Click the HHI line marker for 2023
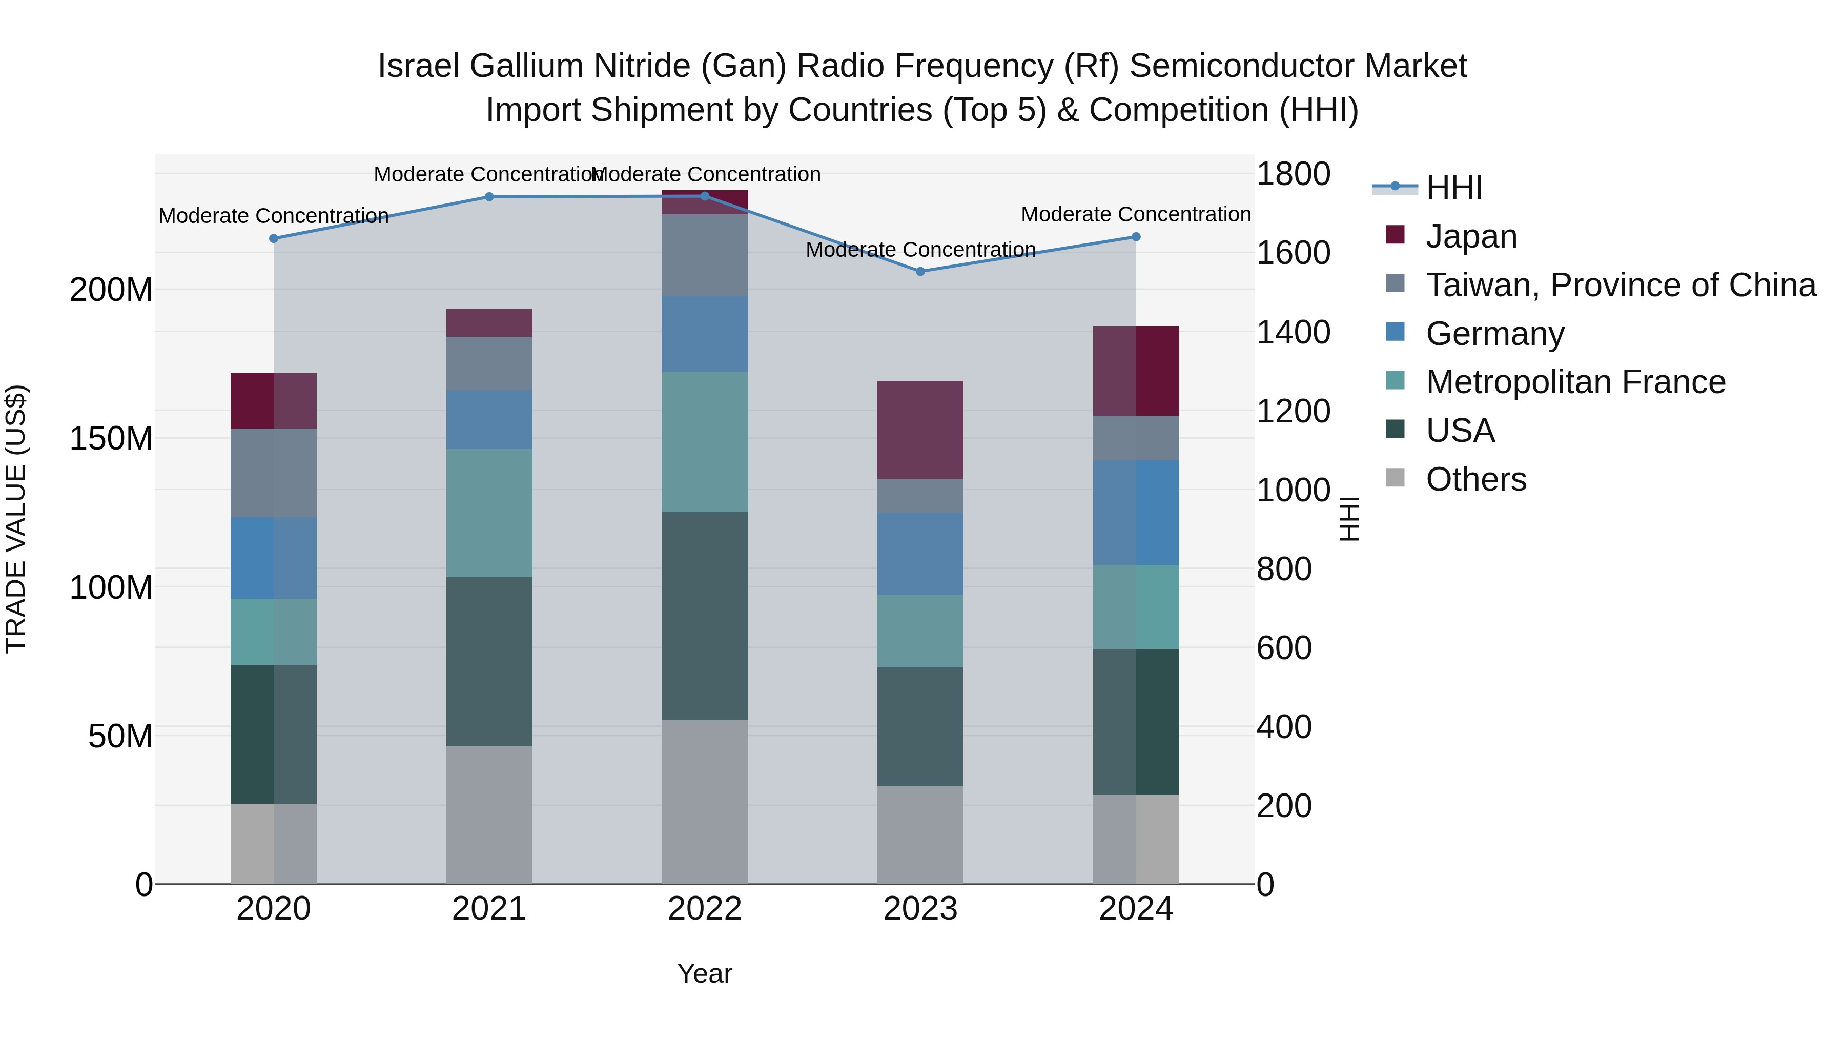pyautogui.click(x=920, y=272)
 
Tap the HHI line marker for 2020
pyautogui.click(x=274, y=238)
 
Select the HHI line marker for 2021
pyautogui.click(x=489, y=197)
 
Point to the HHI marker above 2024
pyautogui.click(x=1136, y=237)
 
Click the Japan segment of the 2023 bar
pyautogui.click(x=920, y=430)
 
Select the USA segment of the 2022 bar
pyautogui.click(x=705, y=616)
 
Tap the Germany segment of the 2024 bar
pyautogui.click(x=1136, y=513)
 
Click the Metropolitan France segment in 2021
pyautogui.click(x=489, y=513)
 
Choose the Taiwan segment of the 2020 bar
pyautogui.click(x=274, y=473)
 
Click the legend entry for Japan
pyautogui.click(x=1471, y=236)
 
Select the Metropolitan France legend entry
pyautogui.click(x=1576, y=382)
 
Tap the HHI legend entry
pyautogui.click(x=1454, y=188)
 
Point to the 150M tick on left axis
pyautogui.click(x=111, y=438)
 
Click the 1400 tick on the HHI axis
pyautogui.click(x=1294, y=332)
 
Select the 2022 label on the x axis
pyautogui.click(x=705, y=909)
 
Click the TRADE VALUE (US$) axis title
pyautogui.click(x=16, y=519)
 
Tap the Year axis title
pyautogui.click(x=705, y=973)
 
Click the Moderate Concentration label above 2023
pyautogui.click(x=920, y=250)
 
